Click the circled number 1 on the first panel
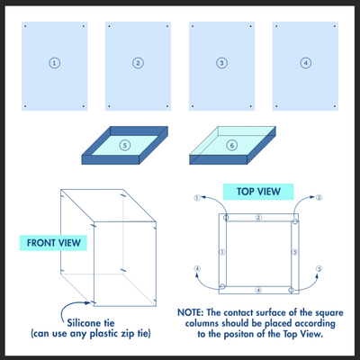click(x=55, y=63)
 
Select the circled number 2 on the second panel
click(x=138, y=63)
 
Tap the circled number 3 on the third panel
click(x=221, y=63)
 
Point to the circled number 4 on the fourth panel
click(x=305, y=63)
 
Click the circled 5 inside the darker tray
click(x=126, y=144)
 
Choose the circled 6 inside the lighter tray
click(x=232, y=144)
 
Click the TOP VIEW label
click(x=257, y=192)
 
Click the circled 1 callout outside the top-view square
click(x=196, y=197)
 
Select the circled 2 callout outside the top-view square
click(x=319, y=197)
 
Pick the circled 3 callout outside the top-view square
click(x=319, y=268)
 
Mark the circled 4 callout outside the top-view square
click(x=196, y=268)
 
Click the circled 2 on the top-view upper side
click(x=257, y=218)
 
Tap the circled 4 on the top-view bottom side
click(x=257, y=290)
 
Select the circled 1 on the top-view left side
click(x=221, y=253)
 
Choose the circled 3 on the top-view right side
click(x=293, y=253)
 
